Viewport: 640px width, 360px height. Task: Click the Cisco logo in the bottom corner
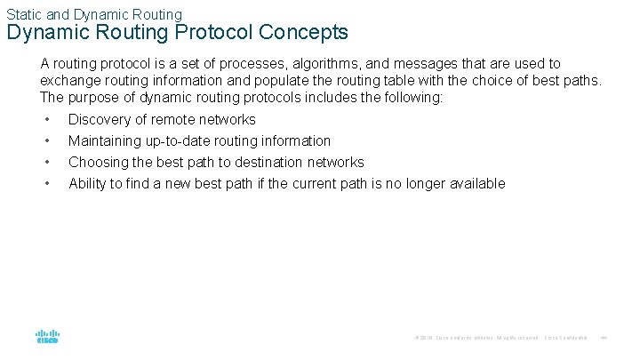click(x=48, y=337)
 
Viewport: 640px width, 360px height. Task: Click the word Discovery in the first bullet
click(x=101, y=119)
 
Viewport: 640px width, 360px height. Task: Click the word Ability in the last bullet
click(x=88, y=183)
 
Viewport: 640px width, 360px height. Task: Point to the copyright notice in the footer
click(x=476, y=338)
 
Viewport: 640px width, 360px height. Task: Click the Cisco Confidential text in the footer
click(x=566, y=338)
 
